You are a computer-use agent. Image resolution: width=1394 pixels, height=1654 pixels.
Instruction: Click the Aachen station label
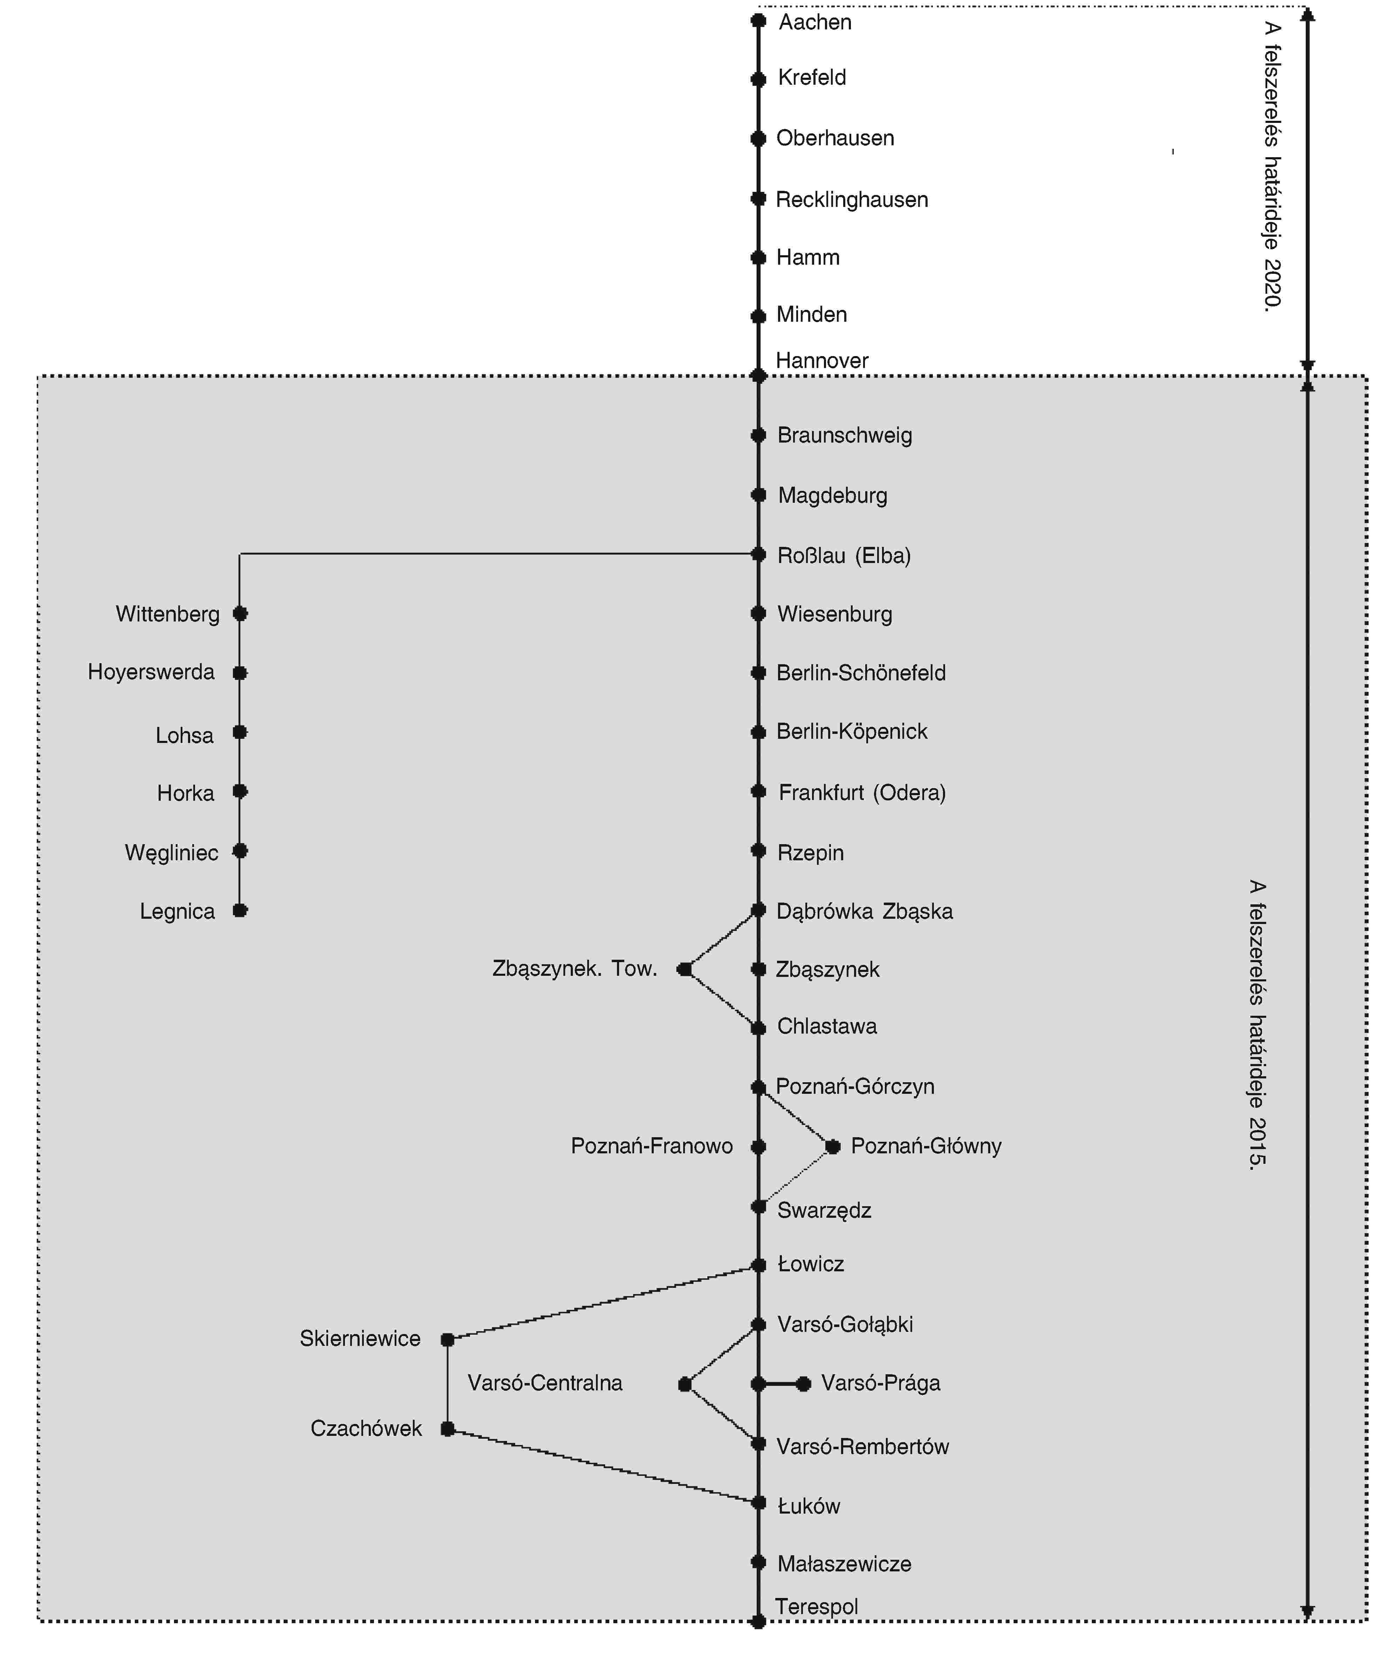(x=815, y=22)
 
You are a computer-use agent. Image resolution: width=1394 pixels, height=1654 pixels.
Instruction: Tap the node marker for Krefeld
(x=758, y=79)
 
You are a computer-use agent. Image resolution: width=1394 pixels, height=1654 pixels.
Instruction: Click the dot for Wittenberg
(x=240, y=613)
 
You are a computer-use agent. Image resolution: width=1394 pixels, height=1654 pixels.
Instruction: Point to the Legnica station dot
(x=240, y=910)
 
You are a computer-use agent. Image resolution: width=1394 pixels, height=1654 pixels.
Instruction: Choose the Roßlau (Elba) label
(x=843, y=556)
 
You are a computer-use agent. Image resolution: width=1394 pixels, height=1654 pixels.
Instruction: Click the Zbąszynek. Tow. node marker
(x=684, y=969)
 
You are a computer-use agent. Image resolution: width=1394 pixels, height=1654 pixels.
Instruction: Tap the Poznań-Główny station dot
(x=832, y=1146)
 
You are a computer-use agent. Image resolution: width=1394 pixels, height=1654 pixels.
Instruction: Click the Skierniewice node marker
(x=447, y=1340)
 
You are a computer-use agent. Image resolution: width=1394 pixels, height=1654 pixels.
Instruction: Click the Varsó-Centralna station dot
(x=684, y=1384)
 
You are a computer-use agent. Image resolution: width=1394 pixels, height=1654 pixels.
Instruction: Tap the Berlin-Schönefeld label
(x=861, y=673)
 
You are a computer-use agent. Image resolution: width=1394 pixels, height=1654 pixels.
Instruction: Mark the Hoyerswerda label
(x=151, y=672)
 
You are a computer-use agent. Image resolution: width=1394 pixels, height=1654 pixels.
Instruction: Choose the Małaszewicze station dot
(x=758, y=1562)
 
